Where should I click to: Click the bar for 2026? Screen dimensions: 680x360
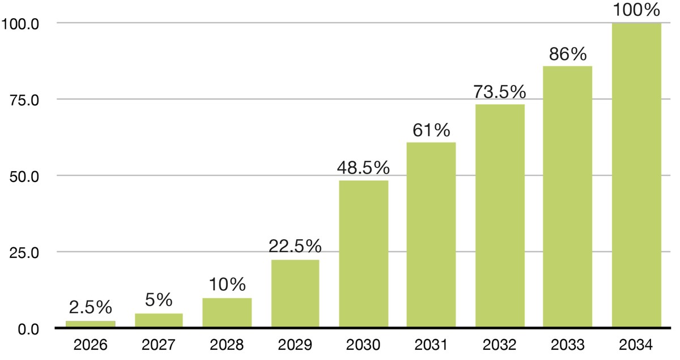[x=91, y=324]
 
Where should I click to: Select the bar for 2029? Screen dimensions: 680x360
[x=295, y=294]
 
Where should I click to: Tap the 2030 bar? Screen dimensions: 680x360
[x=364, y=253]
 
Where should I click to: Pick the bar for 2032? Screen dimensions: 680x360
[x=500, y=215]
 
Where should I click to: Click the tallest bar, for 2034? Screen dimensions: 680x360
[x=636, y=175]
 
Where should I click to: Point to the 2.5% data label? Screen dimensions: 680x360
[x=91, y=307]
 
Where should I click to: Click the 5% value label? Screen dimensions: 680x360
[x=159, y=299]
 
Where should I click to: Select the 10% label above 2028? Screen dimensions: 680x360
[x=227, y=285]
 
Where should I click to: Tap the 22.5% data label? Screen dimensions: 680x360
[x=295, y=246]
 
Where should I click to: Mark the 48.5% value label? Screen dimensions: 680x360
[x=363, y=167]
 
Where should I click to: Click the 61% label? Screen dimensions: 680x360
[x=431, y=130]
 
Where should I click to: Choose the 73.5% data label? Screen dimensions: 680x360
[x=500, y=92]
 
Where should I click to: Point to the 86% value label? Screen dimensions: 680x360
[x=568, y=54]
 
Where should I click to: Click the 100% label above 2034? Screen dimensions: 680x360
[x=636, y=10]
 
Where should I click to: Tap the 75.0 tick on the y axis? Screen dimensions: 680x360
[x=24, y=100]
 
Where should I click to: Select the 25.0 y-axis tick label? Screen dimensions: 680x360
[x=24, y=253]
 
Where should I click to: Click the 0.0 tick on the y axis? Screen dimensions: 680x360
[x=28, y=329]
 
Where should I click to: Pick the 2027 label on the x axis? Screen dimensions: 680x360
[x=159, y=345]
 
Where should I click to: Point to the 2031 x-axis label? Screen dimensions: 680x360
[x=431, y=345]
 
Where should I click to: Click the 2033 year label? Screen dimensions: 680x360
[x=568, y=345]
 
